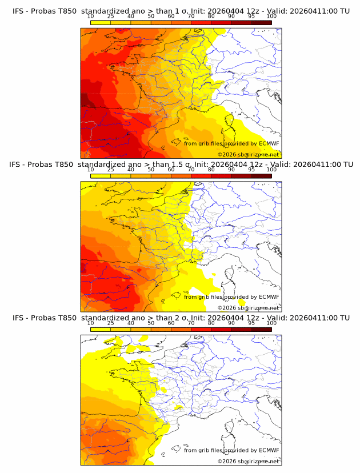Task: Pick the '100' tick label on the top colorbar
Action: pos(271,16)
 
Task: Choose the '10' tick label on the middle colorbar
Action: pos(91,170)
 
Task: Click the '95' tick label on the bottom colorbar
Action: pos(251,323)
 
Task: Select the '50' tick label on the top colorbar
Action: pos(151,16)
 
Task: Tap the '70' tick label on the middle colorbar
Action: pos(191,170)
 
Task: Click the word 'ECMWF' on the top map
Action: pos(269,143)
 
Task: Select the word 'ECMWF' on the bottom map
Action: pos(269,450)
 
